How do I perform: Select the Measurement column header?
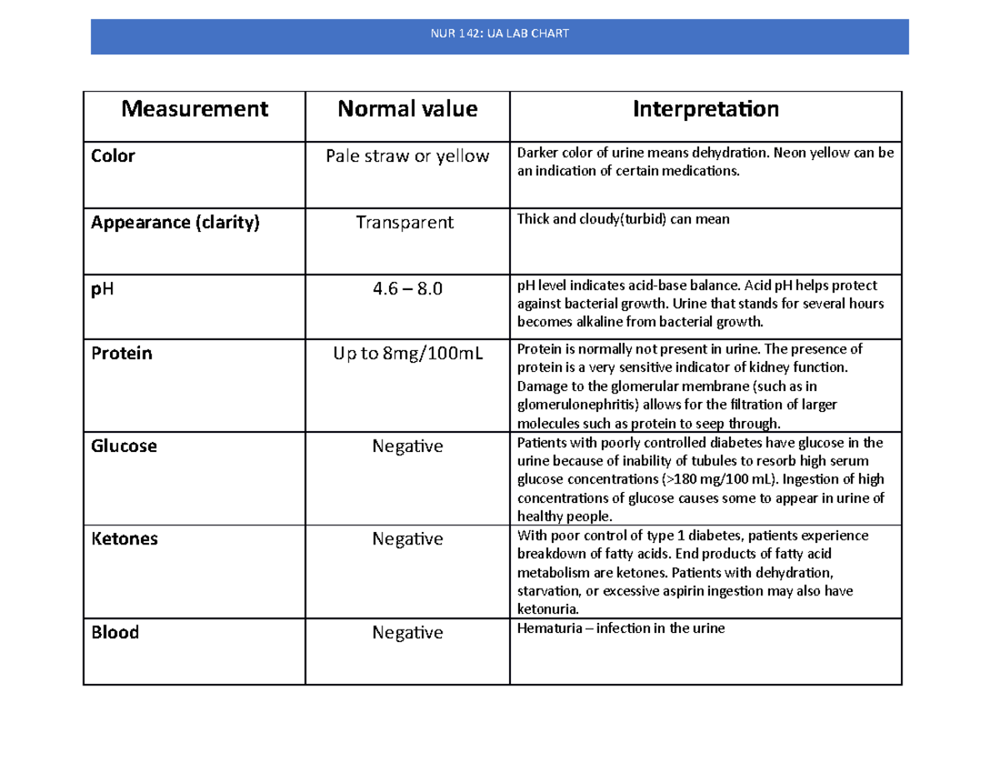195,108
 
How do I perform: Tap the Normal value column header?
407,108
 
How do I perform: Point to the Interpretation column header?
705,108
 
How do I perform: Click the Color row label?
112,156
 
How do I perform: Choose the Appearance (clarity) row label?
175,223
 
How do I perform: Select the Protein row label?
121,353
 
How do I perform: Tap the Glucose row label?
123,446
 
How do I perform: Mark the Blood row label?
114,632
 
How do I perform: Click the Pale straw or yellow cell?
407,156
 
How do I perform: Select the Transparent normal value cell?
405,223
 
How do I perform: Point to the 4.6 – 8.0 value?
407,289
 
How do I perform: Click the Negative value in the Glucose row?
407,446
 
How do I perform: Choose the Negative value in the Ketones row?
407,539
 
